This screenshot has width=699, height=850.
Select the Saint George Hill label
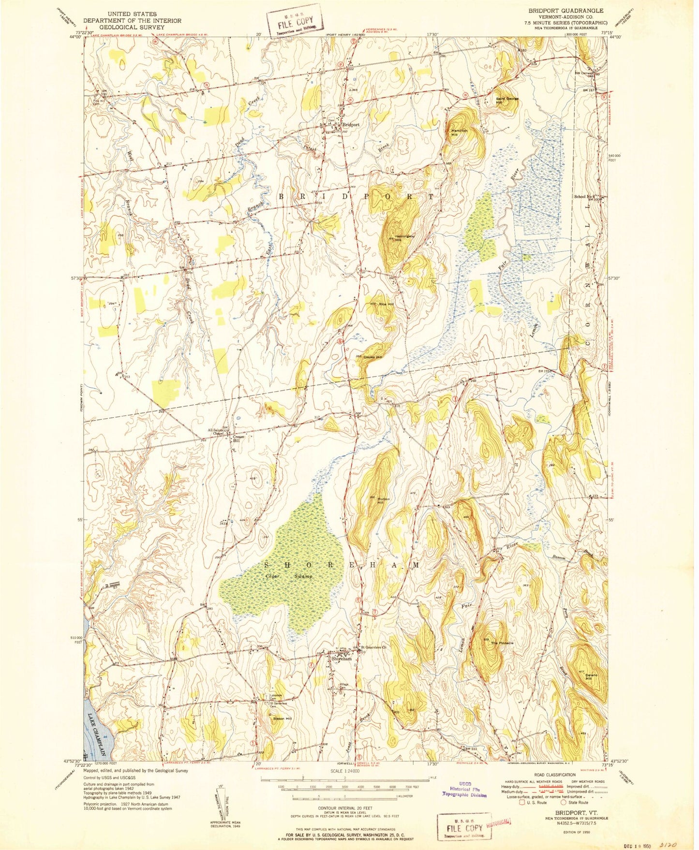tap(507, 100)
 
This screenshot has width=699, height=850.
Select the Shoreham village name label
tap(341, 659)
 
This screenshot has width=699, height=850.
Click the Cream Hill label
tap(239, 439)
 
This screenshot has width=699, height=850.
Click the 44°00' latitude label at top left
tap(74, 37)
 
